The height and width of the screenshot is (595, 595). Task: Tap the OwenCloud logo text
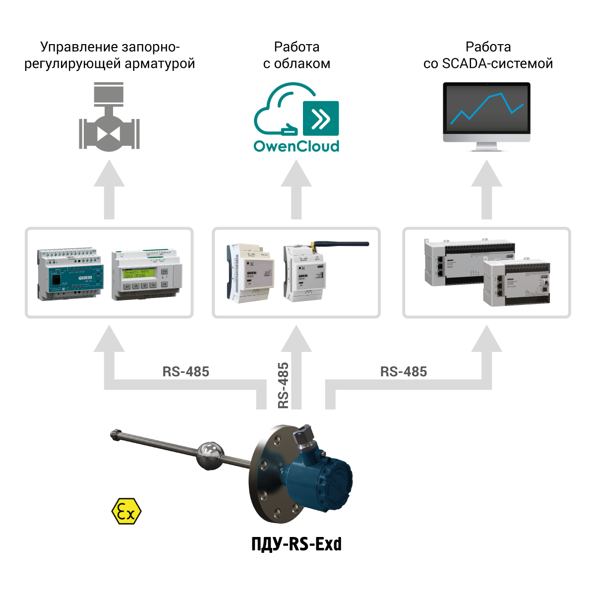[x=297, y=146]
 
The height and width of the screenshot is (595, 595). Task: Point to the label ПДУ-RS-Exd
[x=297, y=544]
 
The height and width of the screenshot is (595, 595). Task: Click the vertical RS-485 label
[x=283, y=385]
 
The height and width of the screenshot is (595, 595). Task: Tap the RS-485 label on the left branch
[x=186, y=371]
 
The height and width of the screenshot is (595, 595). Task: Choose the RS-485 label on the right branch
[x=404, y=371]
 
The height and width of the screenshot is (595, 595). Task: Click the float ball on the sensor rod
[x=210, y=455]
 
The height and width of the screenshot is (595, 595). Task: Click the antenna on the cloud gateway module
[x=342, y=243]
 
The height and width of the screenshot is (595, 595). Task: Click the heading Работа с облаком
[x=297, y=55]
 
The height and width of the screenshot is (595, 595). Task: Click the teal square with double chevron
[x=321, y=119]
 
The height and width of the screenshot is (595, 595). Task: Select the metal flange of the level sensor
[x=270, y=476]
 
